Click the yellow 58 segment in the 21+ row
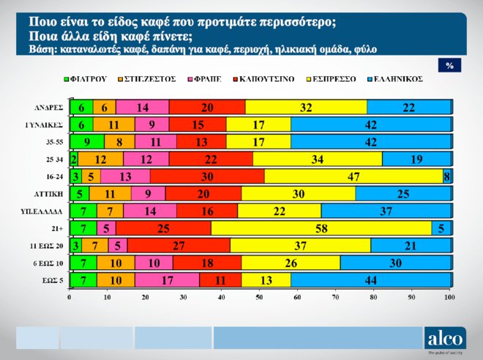click(321, 228)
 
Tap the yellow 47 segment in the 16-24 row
click(353, 176)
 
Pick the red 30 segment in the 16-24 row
click(207, 176)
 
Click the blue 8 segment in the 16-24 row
click(446, 176)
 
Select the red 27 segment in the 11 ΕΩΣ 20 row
click(179, 245)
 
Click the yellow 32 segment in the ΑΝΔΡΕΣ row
click(306, 108)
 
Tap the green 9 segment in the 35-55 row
click(87, 142)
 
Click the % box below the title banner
click(449, 65)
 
